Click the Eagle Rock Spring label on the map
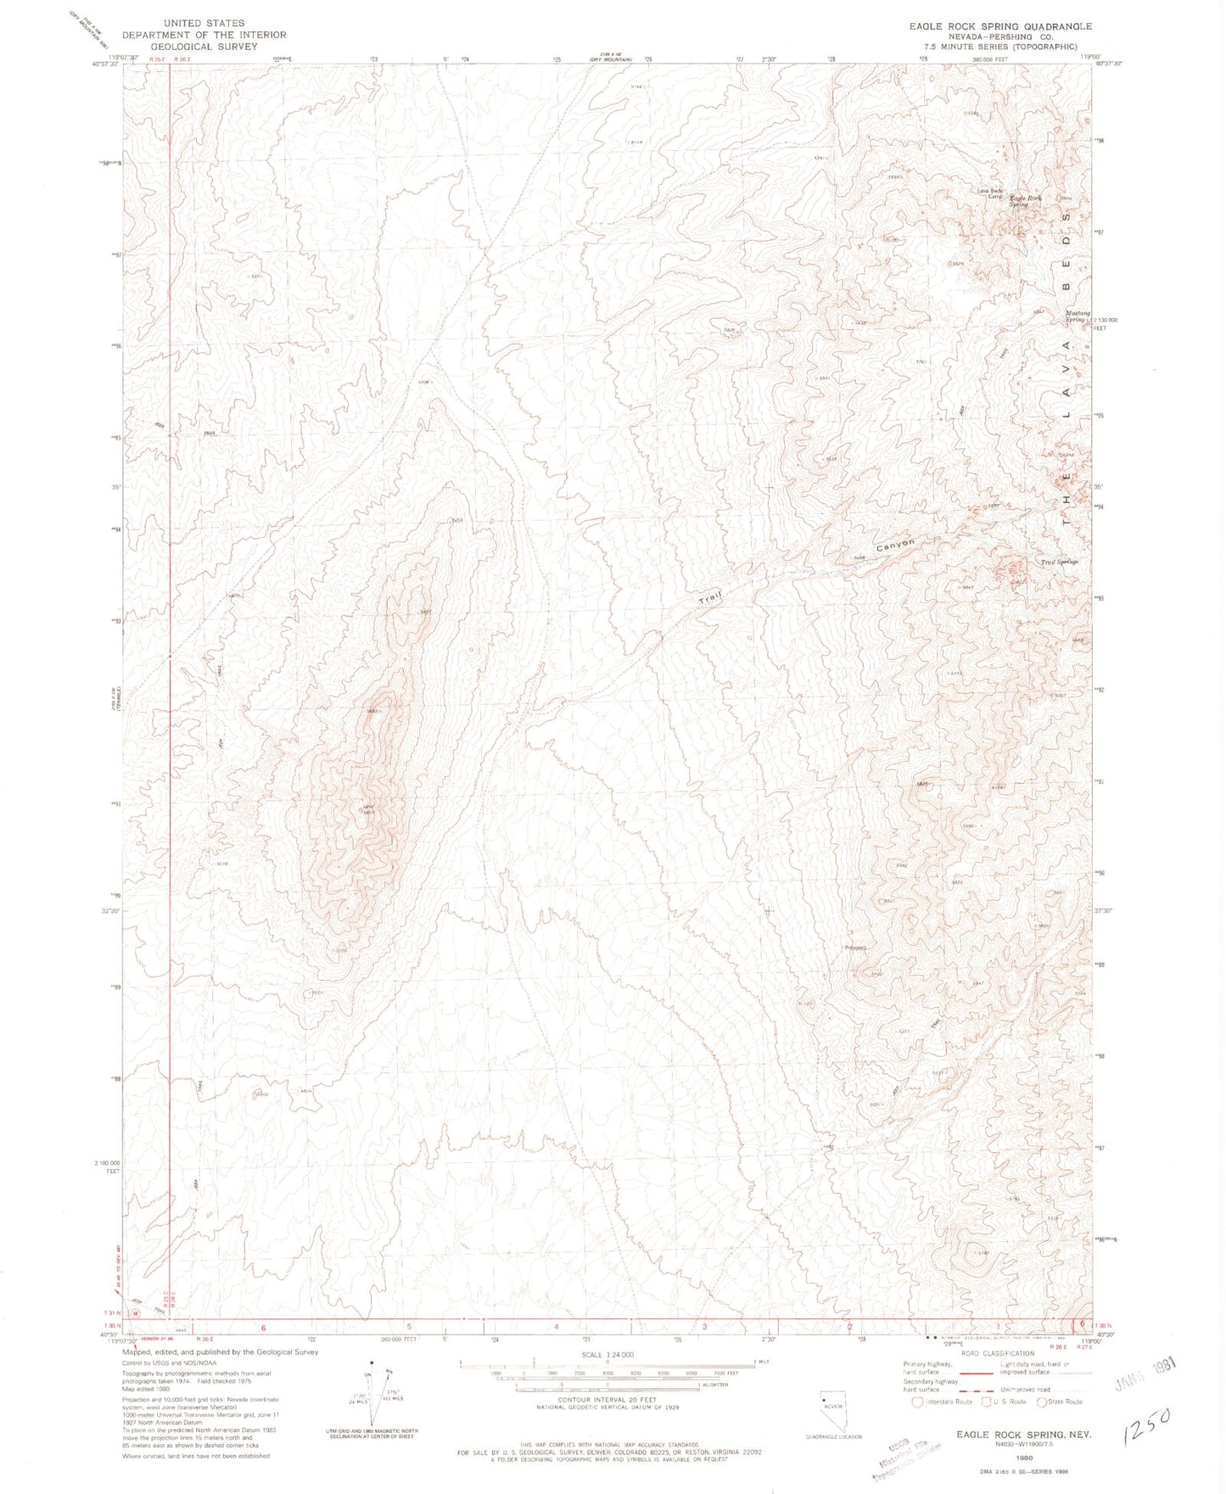tap(1023, 201)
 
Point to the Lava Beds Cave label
tap(991, 193)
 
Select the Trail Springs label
tap(1060, 562)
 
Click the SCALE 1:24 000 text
tap(607, 1355)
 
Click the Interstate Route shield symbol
tap(915, 1402)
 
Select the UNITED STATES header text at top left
tap(204, 23)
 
